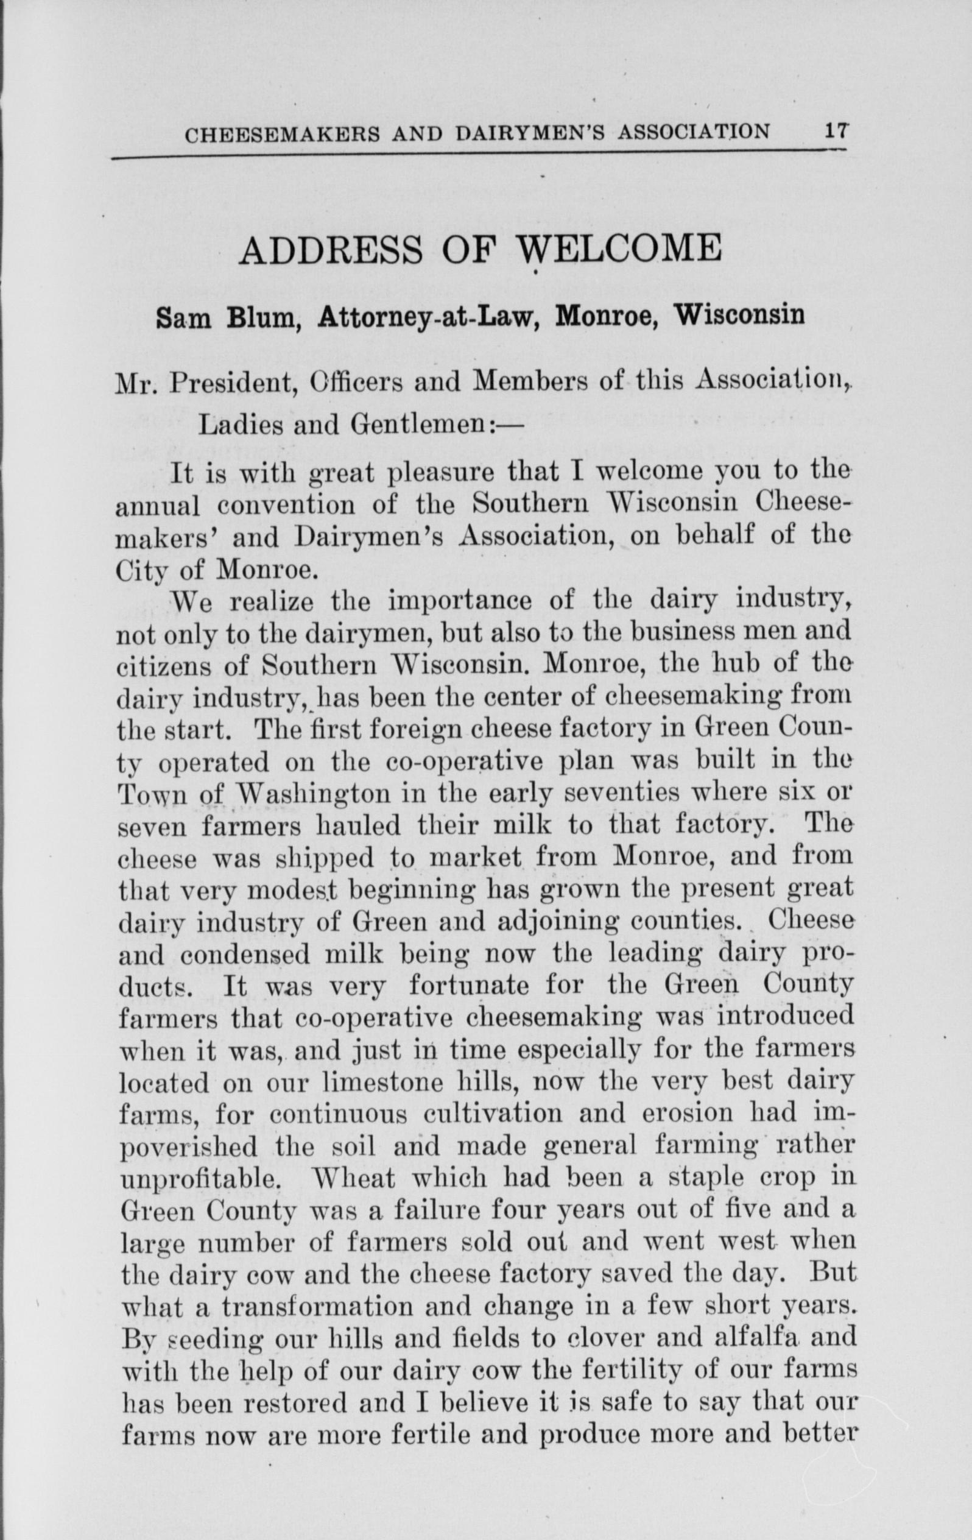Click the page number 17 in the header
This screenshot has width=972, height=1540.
click(836, 132)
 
